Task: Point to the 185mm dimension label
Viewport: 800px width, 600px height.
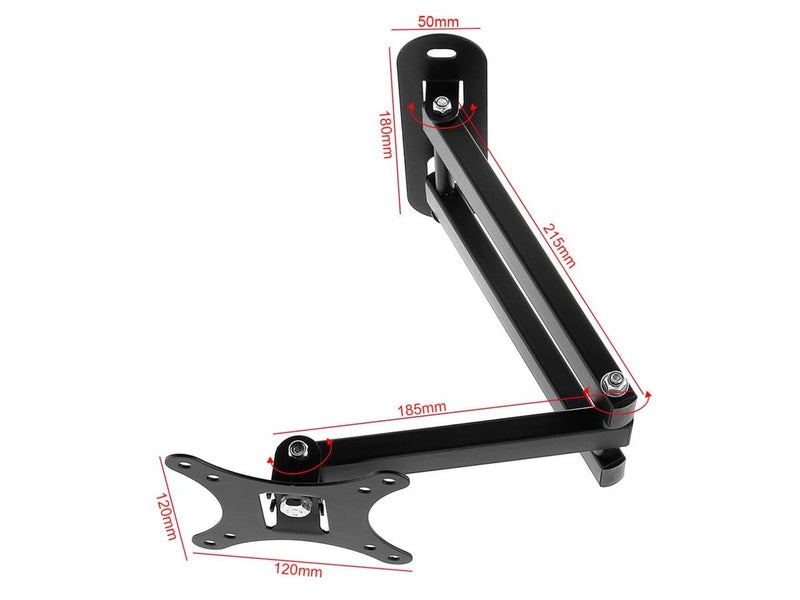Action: point(421,408)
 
